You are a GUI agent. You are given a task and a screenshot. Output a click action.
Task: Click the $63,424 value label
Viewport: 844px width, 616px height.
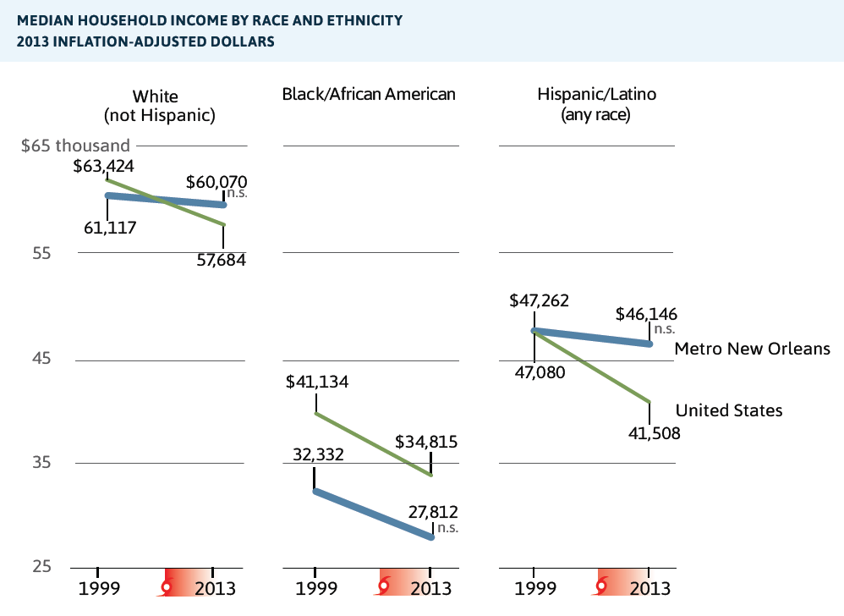click(x=104, y=166)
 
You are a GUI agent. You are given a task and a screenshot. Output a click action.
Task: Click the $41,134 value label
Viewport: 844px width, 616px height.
click(x=317, y=382)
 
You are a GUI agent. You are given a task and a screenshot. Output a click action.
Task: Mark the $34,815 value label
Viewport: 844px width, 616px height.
click(x=426, y=442)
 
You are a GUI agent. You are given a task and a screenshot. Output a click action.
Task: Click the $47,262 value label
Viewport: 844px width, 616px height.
click(x=539, y=300)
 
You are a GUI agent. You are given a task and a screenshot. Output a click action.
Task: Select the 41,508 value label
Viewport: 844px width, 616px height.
click(x=650, y=433)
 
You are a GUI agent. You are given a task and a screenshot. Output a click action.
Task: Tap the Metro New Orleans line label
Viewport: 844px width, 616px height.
click(x=753, y=349)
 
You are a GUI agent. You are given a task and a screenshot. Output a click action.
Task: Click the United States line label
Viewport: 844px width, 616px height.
click(x=729, y=410)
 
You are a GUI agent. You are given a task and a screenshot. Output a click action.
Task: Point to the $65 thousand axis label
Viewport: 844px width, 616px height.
click(x=75, y=146)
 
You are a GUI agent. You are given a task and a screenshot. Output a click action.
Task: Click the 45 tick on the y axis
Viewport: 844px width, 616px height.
click(x=41, y=359)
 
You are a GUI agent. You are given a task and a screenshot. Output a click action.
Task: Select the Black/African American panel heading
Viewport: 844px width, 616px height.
click(x=369, y=94)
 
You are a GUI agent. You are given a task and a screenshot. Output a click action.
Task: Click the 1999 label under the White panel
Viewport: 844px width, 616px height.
click(x=98, y=588)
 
